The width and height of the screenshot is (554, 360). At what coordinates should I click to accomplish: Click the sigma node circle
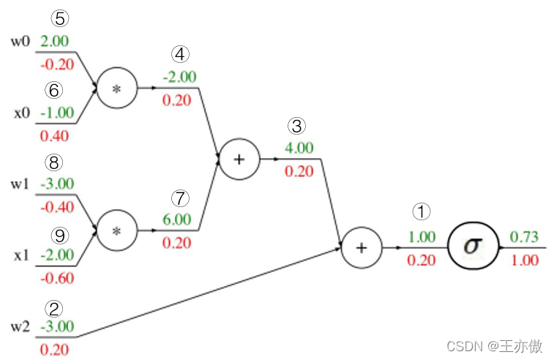[473, 247]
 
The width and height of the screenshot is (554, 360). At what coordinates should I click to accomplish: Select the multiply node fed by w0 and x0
[117, 88]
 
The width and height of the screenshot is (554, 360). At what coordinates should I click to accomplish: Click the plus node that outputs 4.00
[239, 159]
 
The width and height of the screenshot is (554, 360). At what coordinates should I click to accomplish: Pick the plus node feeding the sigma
[361, 247]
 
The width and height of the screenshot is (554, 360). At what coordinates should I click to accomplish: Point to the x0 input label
[21, 113]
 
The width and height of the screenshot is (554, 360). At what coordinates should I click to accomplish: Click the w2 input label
[20, 326]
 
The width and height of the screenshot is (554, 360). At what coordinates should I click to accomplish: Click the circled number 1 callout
[422, 212]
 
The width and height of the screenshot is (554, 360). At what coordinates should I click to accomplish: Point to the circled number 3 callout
[297, 126]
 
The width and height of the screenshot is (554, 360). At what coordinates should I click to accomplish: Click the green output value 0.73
[524, 236]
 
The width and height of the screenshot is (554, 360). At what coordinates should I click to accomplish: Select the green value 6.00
[176, 219]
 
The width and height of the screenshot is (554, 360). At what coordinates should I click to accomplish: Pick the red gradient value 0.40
[55, 135]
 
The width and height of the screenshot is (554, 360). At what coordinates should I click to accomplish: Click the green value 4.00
[298, 148]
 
